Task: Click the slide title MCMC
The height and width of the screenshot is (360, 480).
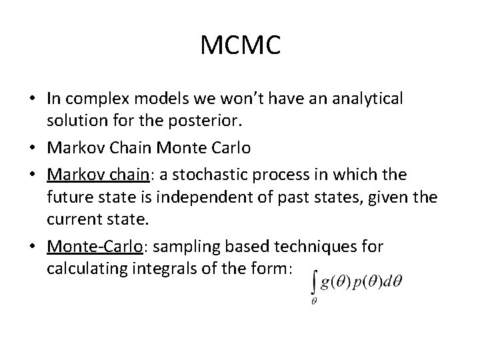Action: point(239,46)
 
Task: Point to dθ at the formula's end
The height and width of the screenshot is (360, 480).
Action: point(393,282)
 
